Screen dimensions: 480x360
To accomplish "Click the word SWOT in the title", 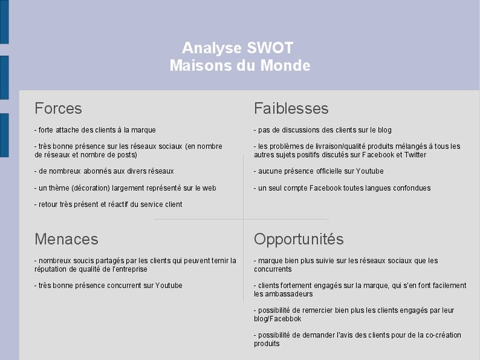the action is (270, 48).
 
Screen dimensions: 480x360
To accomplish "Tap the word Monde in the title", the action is (285, 66).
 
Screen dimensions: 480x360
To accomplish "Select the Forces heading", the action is (58, 108).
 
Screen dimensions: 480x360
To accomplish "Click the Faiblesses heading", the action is (291, 108).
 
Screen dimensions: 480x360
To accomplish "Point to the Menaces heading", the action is (66, 239).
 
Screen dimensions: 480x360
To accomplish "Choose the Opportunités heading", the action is (299, 240).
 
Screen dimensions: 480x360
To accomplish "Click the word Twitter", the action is (415, 155).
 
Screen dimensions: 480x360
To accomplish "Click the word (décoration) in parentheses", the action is (91, 188).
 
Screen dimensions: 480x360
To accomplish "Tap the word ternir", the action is (219, 261).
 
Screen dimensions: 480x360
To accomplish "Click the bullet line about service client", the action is (108, 204).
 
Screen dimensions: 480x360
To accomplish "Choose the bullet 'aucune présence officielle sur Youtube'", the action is (319, 171).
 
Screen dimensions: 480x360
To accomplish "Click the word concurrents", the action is (272, 269).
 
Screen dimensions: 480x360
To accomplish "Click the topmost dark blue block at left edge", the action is (4, 22).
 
